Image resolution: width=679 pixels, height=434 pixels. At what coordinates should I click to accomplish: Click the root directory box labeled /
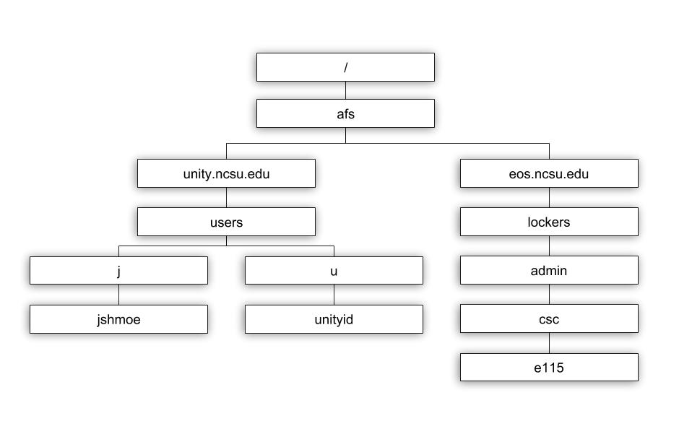click(x=345, y=67)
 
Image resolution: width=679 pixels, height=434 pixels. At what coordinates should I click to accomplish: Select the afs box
click(x=345, y=113)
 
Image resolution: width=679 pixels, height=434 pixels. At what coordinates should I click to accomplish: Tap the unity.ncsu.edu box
click(x=226, y=173)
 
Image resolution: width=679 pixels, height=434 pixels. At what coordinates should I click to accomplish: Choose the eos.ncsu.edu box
click(x=549, y=173)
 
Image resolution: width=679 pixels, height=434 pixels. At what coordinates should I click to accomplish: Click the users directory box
click(x=226, y=222)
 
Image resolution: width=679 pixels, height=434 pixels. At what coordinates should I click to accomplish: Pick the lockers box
click(x=549, y=222)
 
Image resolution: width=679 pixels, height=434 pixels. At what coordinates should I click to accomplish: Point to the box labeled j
click(x=118, y=271)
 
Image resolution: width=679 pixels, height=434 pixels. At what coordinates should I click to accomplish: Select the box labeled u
click(x=334, y=271)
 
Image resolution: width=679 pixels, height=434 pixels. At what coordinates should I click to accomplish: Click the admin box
click(x=549, y=270)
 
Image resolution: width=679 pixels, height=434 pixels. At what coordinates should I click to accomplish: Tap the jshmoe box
click(x=118, y=319)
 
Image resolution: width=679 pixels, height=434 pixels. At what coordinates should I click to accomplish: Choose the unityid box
click(x=334, y=319)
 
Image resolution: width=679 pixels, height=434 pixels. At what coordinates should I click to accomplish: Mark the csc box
click(x=549, y=318)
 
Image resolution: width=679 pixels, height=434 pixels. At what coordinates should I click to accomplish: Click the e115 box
click(x=549, y=367)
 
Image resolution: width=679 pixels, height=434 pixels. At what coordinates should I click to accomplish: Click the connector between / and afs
click(x=345, y=90)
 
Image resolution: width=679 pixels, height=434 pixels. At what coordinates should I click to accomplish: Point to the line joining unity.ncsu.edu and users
click(x=227, y=197)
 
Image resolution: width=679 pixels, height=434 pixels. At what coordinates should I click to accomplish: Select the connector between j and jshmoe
click(x=118, y=295)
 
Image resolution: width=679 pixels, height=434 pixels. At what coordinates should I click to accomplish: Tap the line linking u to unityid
click(x=334, y=295)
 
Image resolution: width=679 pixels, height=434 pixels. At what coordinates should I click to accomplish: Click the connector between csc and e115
click(x=550, y=343)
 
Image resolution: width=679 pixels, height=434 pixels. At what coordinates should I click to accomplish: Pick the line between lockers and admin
click(x=550, y=246)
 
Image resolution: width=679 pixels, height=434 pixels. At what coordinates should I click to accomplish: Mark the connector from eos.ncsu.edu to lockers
click(x=550, y=197)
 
